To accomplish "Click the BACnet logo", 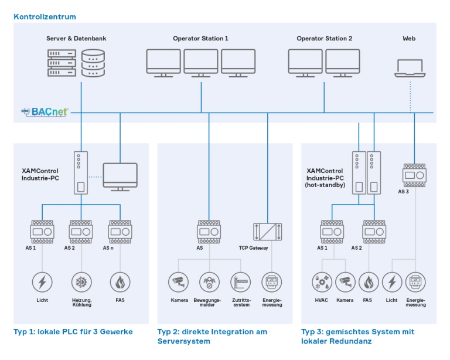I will click(45, 111).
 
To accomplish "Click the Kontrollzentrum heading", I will click(45, 17).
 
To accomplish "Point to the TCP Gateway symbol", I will click(268, 232).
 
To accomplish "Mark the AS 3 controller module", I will click(414, 175).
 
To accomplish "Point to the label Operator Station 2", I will click(324, 39).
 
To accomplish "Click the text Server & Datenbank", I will click(76, 39).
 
